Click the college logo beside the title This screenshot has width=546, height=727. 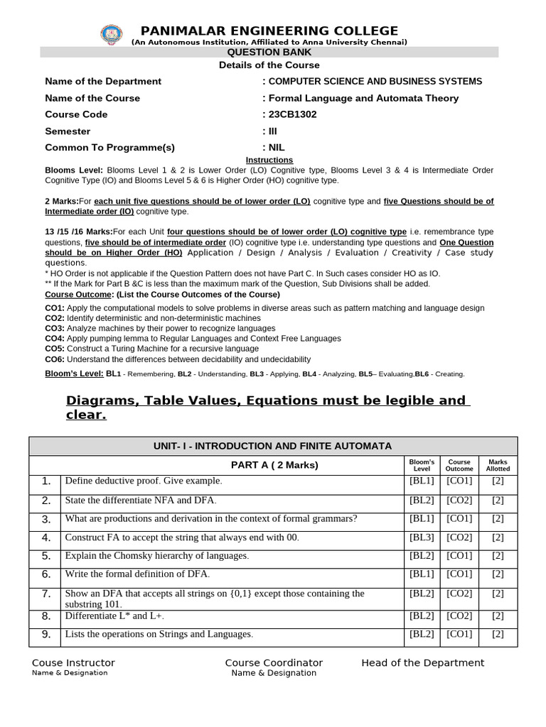[x=111, y=35]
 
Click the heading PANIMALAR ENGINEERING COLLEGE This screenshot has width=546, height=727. [x=269, y=31]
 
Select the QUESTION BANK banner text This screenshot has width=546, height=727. [x=269, y=53]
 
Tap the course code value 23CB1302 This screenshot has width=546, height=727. [x=292, y=114]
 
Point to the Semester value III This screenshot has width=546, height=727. [x=272, y=131]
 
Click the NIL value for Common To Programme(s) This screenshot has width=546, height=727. [x=276, y=148]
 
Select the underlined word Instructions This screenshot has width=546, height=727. [x=269, y=160]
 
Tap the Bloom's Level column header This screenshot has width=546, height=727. [x=422, y=465]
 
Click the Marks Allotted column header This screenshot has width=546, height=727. [x=498, y=465]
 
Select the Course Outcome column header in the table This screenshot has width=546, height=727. [x=459, y=465]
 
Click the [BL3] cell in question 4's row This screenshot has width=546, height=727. [x=422, y=537]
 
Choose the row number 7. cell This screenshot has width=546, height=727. [x=45, y=594]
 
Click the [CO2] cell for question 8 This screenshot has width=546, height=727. [x=459, y=616]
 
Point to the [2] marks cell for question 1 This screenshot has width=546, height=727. [x=498, y=481]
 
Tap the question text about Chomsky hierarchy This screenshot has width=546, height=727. [x=157, y=556]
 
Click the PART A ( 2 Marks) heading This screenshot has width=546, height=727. [x=274, y=465]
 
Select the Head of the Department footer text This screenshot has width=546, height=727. [x=422, y=663]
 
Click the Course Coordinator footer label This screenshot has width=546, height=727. [x=274, y=663]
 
